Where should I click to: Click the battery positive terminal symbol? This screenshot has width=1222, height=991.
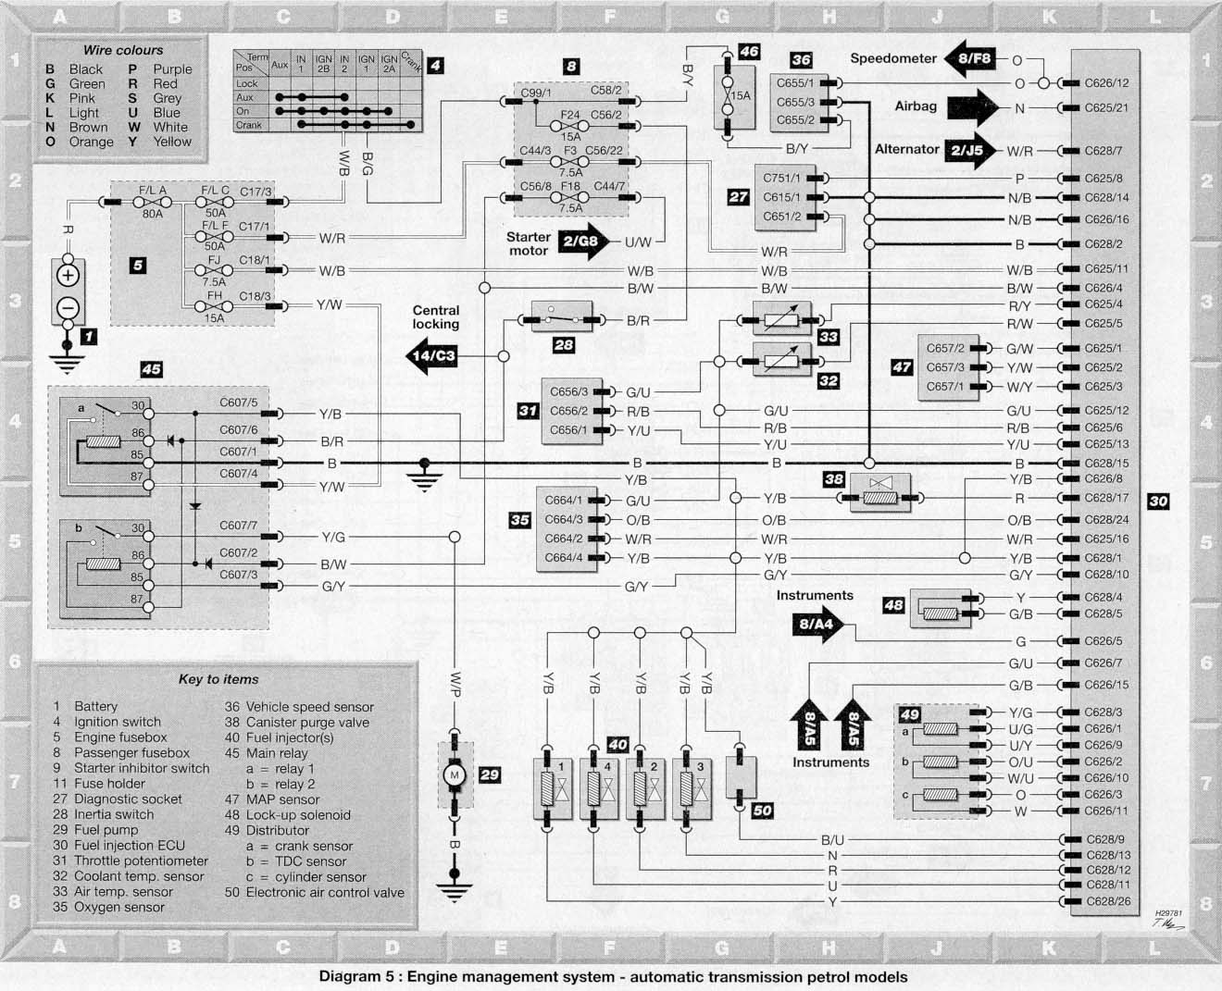point(68,276)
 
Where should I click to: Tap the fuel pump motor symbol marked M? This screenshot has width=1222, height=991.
point(455,775)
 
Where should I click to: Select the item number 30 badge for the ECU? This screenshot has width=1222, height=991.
point(1158,502)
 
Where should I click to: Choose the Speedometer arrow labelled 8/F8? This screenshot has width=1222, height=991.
point(970,58)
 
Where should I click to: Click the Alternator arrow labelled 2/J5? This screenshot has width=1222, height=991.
point(971,150)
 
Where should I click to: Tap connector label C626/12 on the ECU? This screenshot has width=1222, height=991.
point(1106,83)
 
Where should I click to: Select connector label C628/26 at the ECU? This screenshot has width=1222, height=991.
point(1108,901)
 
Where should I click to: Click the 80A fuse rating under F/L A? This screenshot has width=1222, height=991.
point(153,214)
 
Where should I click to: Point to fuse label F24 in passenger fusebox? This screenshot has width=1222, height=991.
point(569,115)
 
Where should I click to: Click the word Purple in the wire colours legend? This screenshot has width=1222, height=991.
point(172,69)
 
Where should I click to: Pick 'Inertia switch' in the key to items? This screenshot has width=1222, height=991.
point(114,814)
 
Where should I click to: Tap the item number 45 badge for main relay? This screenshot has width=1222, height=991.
point(152,369)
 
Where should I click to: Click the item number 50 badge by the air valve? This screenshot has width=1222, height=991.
point(762,811)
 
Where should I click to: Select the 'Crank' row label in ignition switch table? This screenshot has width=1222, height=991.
point(248,125)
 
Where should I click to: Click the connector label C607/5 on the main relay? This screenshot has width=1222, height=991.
point(239,403)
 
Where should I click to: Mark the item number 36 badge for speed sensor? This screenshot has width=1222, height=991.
point(801,59)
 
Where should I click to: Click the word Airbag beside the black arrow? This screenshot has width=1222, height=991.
point(916,106)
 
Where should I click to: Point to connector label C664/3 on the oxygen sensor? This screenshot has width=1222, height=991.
point(564,520)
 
